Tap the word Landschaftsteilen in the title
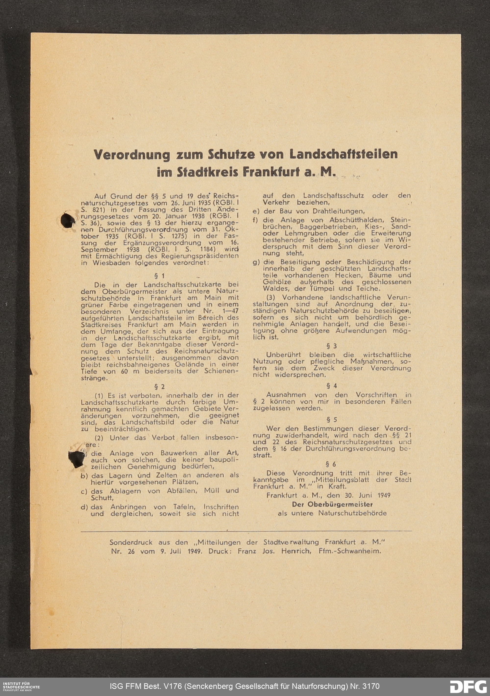tap(343, 154)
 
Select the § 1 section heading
tap(159, 276)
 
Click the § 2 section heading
tap(159, 387)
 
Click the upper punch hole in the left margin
tap(68, 220)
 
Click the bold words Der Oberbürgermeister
tap(332, 504)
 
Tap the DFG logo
tap(468, 686)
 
